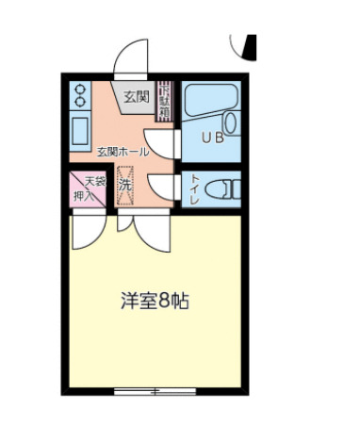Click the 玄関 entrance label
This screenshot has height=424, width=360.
(136, 96)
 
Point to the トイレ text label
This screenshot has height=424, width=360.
(193, 189)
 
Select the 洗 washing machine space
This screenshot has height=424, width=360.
(125, 185)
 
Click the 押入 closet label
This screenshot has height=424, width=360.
(81, 196)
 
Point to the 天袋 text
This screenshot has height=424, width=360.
(95, 180)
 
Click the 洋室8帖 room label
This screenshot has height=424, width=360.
(155, 302)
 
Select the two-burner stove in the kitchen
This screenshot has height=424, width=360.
(80, 93)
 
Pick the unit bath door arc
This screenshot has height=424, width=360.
(166, 141)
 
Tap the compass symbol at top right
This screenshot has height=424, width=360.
(246, 43)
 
